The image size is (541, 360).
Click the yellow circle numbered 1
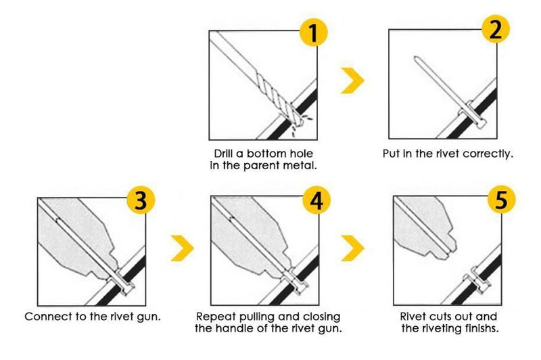(313, 32)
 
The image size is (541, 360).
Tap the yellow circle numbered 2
(495, 29)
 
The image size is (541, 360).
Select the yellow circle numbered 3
(141, 200)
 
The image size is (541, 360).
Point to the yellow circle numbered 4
(316, 200)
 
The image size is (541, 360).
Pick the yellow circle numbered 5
(501, 200)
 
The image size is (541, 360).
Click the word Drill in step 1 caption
(223, 154)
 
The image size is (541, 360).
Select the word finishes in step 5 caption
(481, 328)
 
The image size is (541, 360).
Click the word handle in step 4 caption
(237, 328)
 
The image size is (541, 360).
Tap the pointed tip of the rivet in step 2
(415, 58)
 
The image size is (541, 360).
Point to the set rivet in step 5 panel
(477, 279)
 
